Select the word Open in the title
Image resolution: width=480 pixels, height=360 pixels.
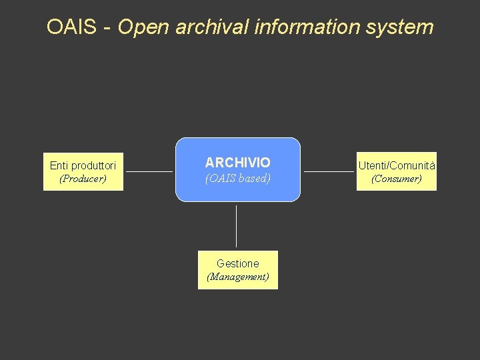pyautogui.click(x=143, y=27)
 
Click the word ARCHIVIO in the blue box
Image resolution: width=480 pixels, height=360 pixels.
pyautogui.click(x=237, y=163)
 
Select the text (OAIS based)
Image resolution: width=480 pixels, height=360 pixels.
pyautogui.click(x=237, y=179)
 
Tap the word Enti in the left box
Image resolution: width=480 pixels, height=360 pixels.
pyautogui.click(x=59, y=165)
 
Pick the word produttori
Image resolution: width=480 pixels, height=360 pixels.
pyautogui.click(x=93, y=165)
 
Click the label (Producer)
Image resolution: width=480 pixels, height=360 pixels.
pyautogui.click(x=83, y=179)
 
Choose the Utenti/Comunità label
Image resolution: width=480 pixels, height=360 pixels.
pyautogui.click(x=396, y=165)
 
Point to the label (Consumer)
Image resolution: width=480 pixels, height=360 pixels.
pyautogui.click(x=396, y=179)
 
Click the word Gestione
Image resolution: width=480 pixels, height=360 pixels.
pyautogui.click(x=237, y=263)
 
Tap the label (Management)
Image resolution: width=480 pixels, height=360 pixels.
pyautogui.click(x=237, y=277)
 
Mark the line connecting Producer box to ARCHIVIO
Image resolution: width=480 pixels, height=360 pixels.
pyautogui.click(x=149, y=171)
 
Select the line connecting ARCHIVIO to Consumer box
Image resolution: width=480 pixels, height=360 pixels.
pyautogui.click(x=329, y=171)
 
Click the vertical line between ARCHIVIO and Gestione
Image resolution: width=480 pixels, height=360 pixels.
pyautogui.click(x=236, y=227)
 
